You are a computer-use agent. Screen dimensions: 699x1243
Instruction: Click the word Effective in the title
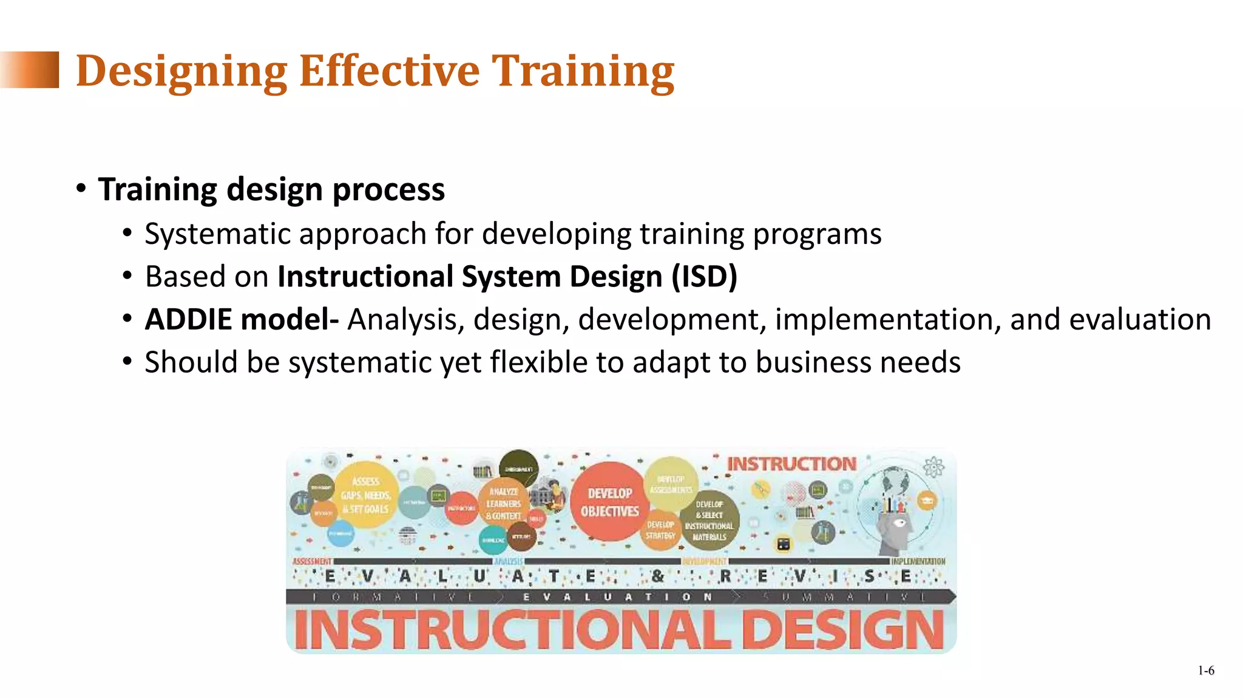389,71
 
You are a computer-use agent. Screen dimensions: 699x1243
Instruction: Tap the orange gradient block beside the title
30,70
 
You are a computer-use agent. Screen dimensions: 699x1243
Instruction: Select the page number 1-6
1205,670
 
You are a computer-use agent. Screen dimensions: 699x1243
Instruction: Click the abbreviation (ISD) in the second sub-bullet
704,277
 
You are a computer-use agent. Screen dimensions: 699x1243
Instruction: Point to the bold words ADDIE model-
242,320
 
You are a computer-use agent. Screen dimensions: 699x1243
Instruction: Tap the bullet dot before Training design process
81,189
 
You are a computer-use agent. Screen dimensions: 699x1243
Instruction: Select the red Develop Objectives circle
609,502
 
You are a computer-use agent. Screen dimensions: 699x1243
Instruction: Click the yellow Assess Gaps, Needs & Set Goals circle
365,495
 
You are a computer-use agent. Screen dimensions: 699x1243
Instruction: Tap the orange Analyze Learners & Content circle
504,504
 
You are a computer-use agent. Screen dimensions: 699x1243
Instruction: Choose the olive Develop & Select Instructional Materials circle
709,521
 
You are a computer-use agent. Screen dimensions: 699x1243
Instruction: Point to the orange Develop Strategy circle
660,530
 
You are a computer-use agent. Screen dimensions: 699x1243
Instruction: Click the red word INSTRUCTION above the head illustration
791,464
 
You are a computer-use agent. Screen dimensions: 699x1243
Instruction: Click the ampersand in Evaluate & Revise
657,576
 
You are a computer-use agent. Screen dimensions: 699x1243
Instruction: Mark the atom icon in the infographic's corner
933,467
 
